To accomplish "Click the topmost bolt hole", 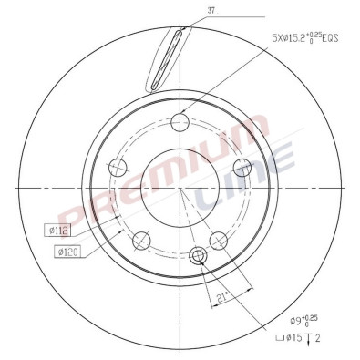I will (180, 122).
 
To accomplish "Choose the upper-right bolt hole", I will (242, 167).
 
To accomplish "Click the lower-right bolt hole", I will (219, 240).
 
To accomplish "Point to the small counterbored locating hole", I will (197, 255).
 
